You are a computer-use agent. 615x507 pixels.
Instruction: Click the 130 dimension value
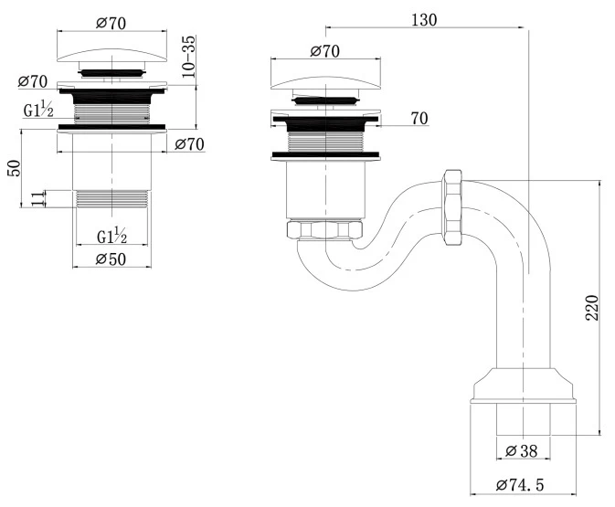click(x=424, y=19)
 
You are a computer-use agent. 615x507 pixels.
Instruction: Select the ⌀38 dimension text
click(x=524, y=449)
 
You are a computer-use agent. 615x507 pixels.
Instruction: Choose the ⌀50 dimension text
click(x=111, y=259)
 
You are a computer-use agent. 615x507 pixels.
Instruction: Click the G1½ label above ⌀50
click(x=111, y=237)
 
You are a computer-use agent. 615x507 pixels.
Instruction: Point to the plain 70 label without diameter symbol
click(x=420, y=118)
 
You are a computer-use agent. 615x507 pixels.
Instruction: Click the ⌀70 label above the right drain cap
click(x=325, y=51)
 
